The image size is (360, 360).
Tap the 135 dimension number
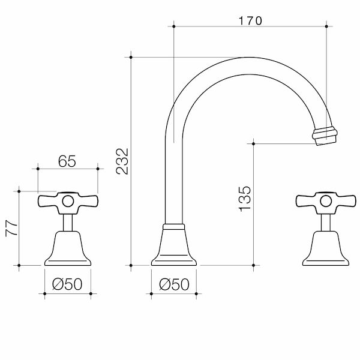click(244, 198)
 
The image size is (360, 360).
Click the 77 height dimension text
click(10, 229)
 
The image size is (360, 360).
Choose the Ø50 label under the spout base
click(175, 285)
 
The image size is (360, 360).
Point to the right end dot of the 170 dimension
click(326, 26)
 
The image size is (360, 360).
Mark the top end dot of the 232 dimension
click(131, 57)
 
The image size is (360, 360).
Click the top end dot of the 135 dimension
click(254, 143)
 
